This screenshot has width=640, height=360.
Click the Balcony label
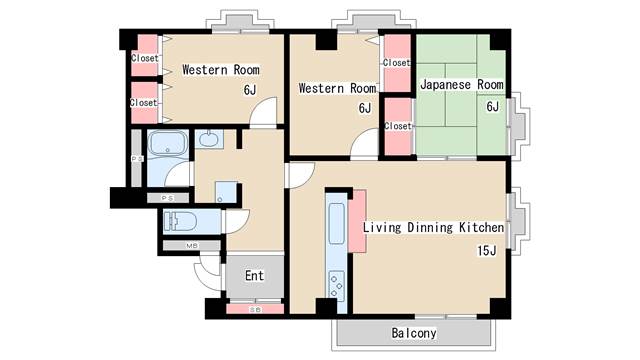tap(414, 333)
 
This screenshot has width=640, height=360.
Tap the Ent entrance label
tap(254, 276)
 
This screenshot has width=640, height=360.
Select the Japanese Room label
tap(462, 84)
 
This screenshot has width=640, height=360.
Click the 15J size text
tap(487, 250)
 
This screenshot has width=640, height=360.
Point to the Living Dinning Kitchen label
tap(433, 227)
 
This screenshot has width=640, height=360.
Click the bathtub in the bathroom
tap(168, 143)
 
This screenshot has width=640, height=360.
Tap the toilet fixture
tap(180, 222)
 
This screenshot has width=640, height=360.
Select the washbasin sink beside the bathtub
tap(209, 139)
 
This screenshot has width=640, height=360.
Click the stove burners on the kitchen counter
tap(337, 285)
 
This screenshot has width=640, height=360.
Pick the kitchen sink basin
tap(336, 224)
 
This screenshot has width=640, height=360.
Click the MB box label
tap(192, 246)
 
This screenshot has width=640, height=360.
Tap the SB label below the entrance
tap(255, 310)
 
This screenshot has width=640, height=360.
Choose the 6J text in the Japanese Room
tap(492, 107)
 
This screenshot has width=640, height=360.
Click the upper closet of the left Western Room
tap(144, 56)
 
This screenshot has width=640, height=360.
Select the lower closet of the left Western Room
tap(144, 102)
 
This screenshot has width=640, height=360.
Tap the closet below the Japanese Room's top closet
tap(398, 127)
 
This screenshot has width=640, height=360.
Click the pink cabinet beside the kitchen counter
tap(357, 221)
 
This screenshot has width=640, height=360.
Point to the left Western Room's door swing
tap(263, 111)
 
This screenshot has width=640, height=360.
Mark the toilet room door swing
tap(237, 221)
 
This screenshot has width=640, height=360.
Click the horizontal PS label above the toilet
tap(167, 198)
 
